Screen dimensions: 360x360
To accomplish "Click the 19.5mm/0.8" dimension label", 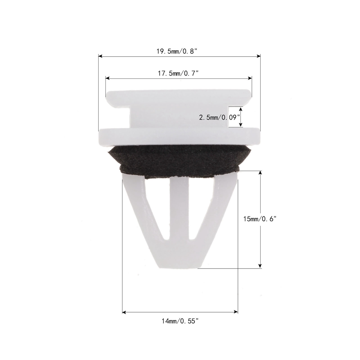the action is [177, 51].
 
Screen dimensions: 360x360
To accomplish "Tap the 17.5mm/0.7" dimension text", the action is [178, 73].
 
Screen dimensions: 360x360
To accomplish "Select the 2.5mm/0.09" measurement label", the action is [219, 118].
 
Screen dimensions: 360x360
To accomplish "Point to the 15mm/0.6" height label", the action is [260, 219].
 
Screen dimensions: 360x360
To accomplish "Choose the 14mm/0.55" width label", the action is [180, 321].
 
